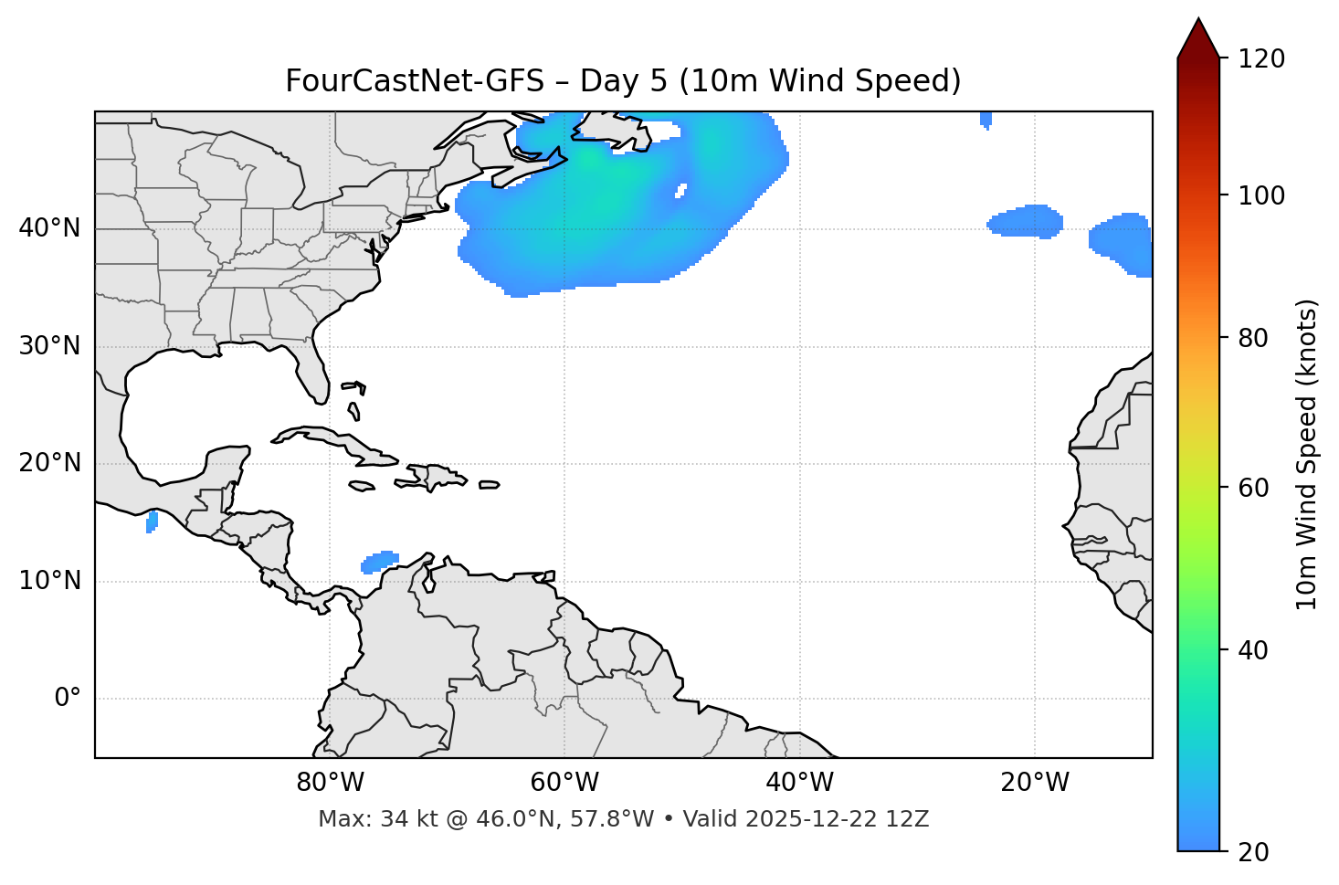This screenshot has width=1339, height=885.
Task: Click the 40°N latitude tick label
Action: [x=49, y=228]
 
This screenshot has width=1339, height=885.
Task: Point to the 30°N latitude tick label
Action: [x=49, y=346]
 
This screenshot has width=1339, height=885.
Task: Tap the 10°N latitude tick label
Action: [x=49, y=581]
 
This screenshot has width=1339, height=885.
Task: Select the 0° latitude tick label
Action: [x=68, y=699]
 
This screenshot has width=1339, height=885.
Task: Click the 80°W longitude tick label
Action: [x=330, y=783]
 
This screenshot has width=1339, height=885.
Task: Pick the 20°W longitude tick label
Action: [x=1035, y=783]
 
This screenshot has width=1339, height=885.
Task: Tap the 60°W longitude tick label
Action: [x=564, y=783]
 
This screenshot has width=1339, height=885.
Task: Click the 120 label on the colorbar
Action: [x=1261, y=59]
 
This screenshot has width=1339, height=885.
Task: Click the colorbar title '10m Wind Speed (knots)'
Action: [x=1307, y=454]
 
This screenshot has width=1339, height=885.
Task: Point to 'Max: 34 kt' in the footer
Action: [x=365, y=819]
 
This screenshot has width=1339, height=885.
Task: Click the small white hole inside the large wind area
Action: [x=680, y=191]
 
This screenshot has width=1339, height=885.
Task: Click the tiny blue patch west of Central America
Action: [x=152, y=522]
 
